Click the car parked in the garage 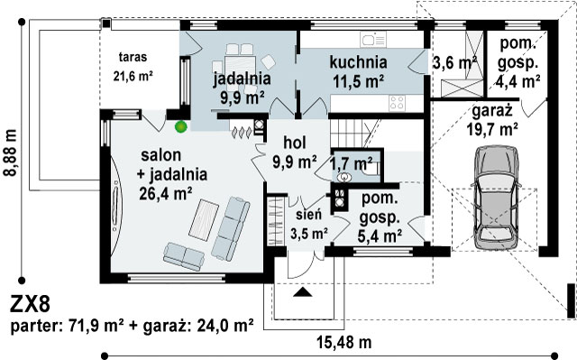497,198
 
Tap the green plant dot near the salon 180,126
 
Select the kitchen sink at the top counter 373,40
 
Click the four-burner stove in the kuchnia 398,103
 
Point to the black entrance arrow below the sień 303,292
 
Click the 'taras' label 133,57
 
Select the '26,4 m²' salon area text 166,193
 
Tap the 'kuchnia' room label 358,62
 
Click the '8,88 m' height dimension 11,152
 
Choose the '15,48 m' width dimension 344,342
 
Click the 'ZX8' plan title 30,304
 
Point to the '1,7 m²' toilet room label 352,163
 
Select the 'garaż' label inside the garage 492,111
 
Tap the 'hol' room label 295,143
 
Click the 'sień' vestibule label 308,214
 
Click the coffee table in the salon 204,220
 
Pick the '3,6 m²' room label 454,62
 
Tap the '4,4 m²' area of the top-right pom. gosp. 517,81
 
